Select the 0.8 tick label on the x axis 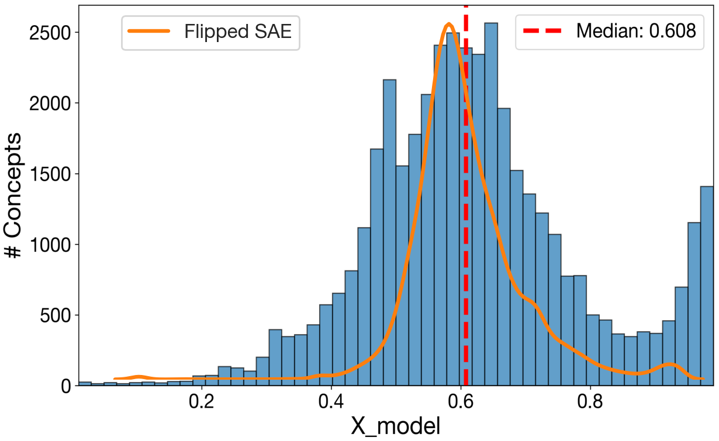[590, 403]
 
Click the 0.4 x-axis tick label [331, 403]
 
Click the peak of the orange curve [448, 25]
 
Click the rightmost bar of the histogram [707, 286]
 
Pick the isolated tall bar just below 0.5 [389, 234]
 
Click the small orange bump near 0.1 [138, 377]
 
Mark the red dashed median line [466, 234]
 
